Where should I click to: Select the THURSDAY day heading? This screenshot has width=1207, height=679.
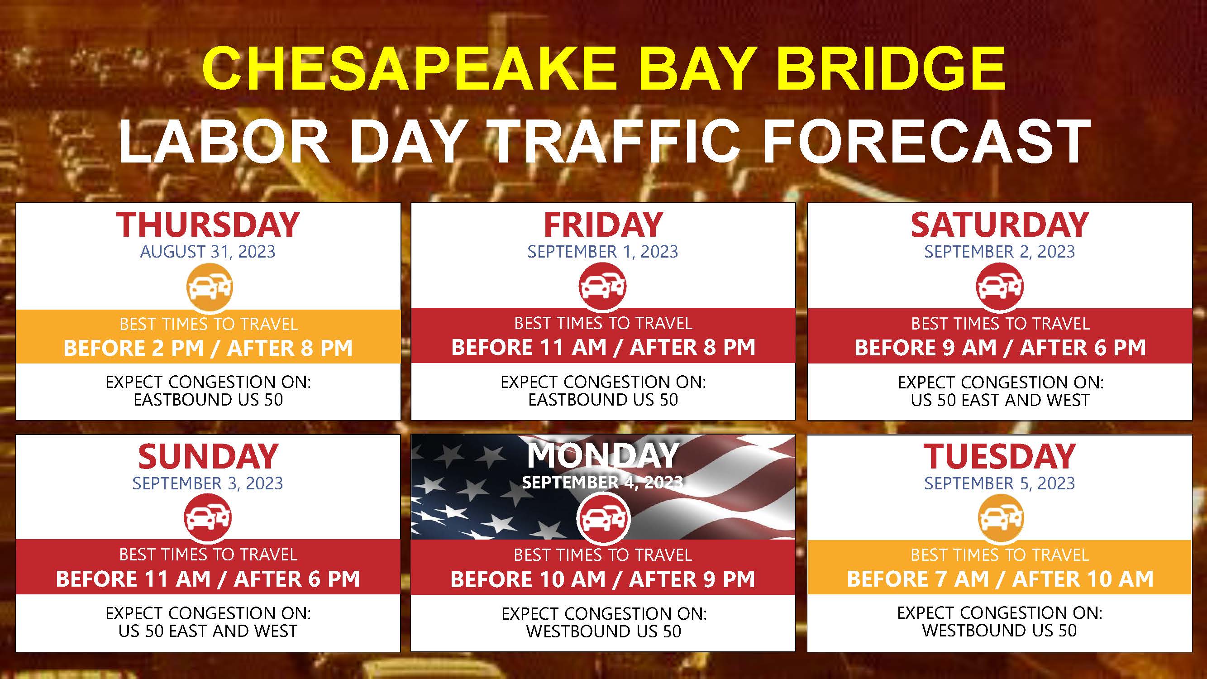[x=208, y=225]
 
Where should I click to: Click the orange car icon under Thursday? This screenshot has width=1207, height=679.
[x=210, y=287]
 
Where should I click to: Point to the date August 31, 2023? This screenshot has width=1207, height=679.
[x=208, y=252]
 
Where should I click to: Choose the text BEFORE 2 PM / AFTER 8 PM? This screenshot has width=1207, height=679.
[x=208, y=348]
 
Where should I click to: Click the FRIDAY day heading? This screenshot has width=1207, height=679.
[x=603, y=225]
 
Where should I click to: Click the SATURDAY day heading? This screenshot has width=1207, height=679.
[x=999, y=225]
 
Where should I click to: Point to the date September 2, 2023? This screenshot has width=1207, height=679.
[x=999, y=252]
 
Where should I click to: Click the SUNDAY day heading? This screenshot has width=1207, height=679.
[x=208, y=456]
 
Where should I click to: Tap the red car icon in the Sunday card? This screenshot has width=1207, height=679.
[x=208, y=517]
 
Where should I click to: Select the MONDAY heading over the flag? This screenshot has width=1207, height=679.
[x=603, y=455]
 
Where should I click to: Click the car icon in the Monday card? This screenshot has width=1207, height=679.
[x=604, y=518]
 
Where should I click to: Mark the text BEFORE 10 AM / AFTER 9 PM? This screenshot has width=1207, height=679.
[x=603, y=580]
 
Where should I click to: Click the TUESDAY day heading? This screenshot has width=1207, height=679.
[x=999, y=456]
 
